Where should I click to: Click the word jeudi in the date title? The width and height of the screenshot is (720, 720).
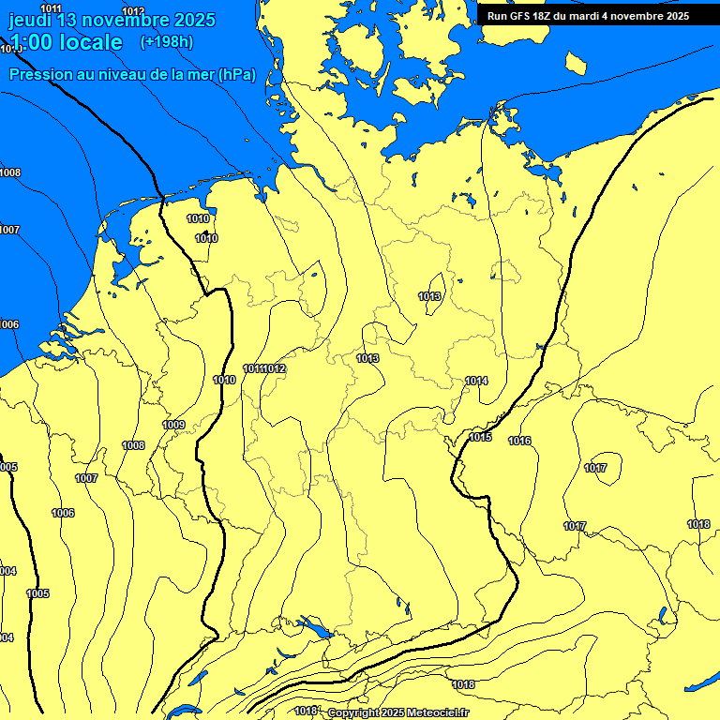(28, 19)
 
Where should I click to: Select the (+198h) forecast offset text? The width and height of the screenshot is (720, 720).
(166, 41)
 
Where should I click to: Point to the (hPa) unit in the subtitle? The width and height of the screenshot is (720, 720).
(235, 74)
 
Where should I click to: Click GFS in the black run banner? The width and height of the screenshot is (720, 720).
(521, 16)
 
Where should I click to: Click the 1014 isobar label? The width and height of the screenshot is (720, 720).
(476, 381)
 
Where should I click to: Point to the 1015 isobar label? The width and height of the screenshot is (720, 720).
(481, 437)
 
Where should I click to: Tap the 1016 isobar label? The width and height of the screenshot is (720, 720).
(519, 441)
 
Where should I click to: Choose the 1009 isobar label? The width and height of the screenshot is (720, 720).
(173, 425)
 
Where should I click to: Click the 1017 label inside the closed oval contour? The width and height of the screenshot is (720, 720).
(595, 468)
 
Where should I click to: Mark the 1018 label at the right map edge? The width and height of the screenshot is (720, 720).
(698, 524)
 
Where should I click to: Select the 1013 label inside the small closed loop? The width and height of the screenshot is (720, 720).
(429, 296)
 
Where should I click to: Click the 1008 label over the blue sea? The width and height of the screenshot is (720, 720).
(10, 172)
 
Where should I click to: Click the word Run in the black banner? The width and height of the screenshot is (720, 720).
(498, 16)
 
